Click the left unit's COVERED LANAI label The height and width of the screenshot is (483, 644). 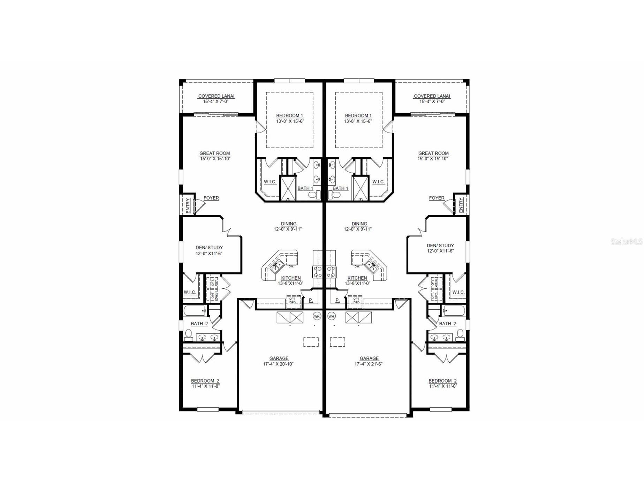click(x=216, y=96)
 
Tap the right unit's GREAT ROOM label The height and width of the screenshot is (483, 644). click(x=433, y=153)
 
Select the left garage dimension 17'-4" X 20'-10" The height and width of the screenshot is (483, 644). click(x=278, y=364)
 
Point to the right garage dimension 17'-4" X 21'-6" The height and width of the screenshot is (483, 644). click(x=369, y=364)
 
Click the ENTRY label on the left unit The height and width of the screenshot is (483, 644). click(x=188, y=205)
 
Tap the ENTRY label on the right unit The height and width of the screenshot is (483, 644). click(x=461, y=205)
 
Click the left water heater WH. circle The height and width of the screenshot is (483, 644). click(x=317, y=316)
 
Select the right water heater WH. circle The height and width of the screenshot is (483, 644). click(x=331, y=316)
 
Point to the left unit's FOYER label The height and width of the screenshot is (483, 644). click(x=211, y=198)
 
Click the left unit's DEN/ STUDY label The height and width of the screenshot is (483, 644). click(x=209, y=248)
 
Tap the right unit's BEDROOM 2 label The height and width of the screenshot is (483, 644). click(x=442, y=381)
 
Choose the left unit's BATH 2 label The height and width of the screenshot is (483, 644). click(x=199, y=324)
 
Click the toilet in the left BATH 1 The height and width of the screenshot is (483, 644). click(x=313, y=195)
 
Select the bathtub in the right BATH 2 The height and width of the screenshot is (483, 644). click(x=453, y=310)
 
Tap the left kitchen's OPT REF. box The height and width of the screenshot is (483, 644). click(x=292, y=300)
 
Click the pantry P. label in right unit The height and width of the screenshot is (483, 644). click(x=337, y=300)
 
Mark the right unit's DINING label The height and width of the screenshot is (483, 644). click(x=359, y=224)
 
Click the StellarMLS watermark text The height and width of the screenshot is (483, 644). click(x=626, y=241)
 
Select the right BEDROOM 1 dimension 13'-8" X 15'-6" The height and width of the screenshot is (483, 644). click(x=358, y=121)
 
